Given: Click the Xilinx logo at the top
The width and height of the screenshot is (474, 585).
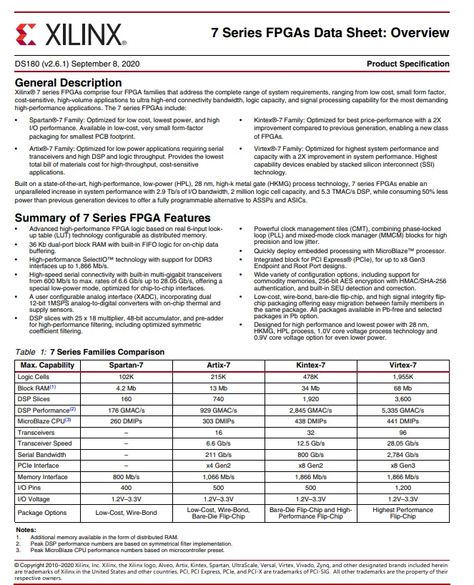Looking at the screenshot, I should (69, 33).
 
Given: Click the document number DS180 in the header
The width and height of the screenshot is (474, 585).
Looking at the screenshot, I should (27, 64).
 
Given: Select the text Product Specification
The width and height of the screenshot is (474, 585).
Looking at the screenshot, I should (408, 64).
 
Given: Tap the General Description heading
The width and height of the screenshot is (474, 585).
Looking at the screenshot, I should (68, 83).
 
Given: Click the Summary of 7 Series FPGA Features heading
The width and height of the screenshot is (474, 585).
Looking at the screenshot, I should (112, 217).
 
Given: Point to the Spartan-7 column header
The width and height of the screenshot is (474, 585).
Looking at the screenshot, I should (126, 365).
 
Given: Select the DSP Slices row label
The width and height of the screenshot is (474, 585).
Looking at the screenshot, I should (35, 399).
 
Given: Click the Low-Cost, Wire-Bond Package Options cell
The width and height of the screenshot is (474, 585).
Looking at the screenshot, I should (126, 513).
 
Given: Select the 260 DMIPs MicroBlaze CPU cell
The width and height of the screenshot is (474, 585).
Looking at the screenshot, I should (126, 421).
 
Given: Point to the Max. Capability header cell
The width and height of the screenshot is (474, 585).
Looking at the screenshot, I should (46, 365).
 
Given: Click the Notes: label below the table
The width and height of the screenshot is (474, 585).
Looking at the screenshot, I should (26, 529).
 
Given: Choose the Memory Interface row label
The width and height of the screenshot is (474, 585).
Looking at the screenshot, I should (44, 476).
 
